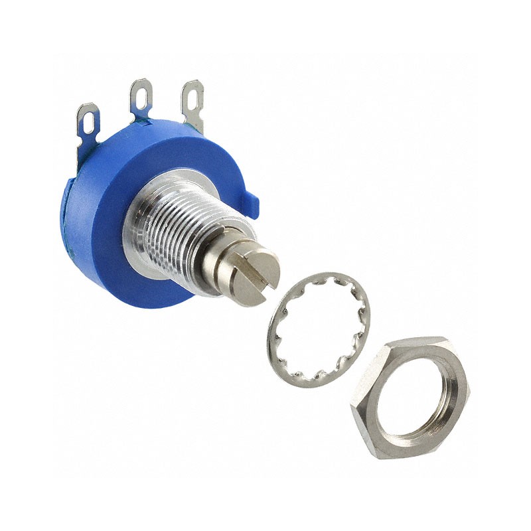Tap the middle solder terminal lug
click(141, 100)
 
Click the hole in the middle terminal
click(141, 92)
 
